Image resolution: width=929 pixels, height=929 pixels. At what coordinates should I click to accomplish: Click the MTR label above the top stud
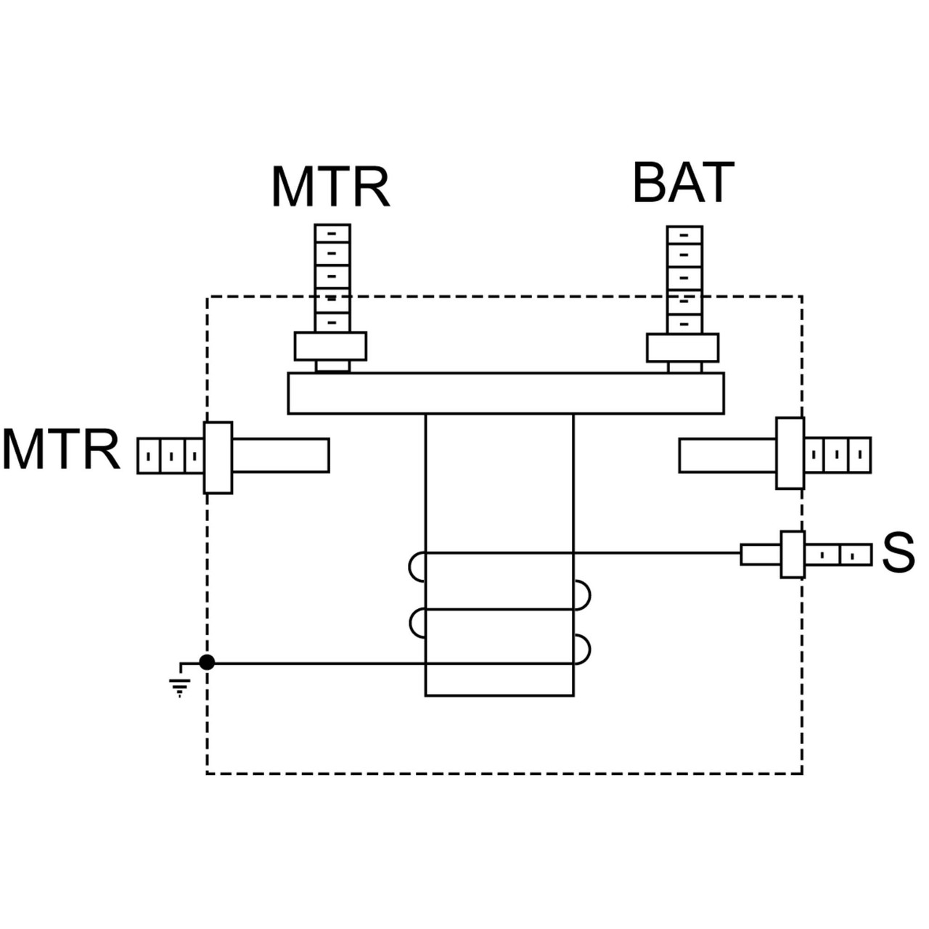[331, 187]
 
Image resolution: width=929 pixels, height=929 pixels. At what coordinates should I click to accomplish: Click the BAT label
[683, 183]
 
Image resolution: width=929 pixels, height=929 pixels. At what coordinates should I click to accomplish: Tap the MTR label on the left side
[61, 450]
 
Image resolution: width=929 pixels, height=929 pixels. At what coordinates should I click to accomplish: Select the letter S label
[898, 553]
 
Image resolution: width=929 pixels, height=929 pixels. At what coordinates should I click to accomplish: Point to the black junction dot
[207, 662]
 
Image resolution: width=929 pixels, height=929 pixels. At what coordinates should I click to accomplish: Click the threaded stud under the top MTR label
[332, 277]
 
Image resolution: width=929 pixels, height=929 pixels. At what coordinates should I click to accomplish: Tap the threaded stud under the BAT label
[684, 279]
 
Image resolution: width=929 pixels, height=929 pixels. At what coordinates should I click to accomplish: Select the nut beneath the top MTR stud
[330, 346]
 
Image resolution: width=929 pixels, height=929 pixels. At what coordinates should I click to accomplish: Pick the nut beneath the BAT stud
[683, 348]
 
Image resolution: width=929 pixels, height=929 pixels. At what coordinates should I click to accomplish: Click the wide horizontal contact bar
[506, 393]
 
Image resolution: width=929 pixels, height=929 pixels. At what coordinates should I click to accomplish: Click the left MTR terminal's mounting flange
[218, 457]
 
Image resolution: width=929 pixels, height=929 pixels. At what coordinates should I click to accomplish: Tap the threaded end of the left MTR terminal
[171, 457]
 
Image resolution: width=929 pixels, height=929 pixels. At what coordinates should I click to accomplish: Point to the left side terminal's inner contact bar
[280, 455]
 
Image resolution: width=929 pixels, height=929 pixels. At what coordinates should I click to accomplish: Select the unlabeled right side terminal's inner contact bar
[728, 455]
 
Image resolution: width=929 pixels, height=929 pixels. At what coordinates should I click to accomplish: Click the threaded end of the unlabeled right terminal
[837, 455]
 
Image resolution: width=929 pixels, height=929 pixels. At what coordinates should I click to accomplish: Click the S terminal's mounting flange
[793, 554]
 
